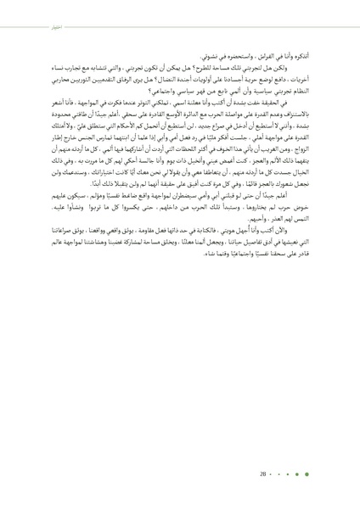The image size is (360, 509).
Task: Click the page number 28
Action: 265,474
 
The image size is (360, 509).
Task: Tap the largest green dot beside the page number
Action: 318,474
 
